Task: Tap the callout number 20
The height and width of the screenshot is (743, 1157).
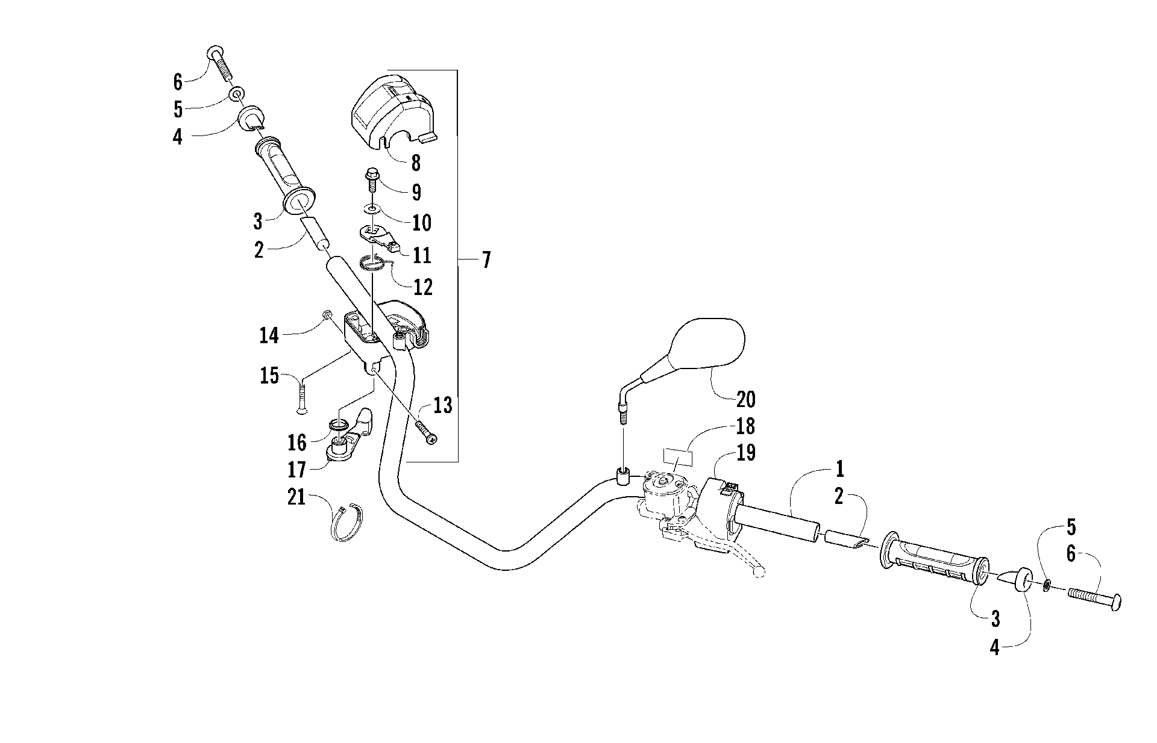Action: coord(745,400)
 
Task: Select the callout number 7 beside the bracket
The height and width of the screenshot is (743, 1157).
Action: coord(486,260)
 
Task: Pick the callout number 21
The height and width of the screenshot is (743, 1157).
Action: coord(296,498)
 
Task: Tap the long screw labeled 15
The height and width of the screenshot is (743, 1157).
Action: coord(301,394)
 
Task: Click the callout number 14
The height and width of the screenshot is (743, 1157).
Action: coord(269,335)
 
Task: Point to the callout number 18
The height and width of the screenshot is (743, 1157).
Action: coord(745,426)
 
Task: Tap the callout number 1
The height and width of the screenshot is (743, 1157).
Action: coord(840,468)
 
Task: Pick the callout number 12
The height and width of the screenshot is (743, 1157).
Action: coord(424,287)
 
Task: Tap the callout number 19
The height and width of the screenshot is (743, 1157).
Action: coord(746,453)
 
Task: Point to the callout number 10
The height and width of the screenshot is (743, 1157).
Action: coord(421,223)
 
